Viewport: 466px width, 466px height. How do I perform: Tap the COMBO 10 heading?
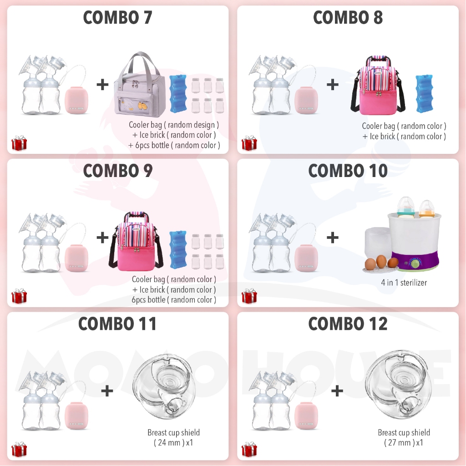pos(348,171)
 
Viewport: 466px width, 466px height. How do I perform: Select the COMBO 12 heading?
pos(348,324)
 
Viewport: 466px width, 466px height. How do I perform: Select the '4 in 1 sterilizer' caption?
pos(404,283)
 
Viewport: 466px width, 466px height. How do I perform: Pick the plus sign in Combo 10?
pos(333,237)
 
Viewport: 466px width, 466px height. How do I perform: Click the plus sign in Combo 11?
pos(106,390)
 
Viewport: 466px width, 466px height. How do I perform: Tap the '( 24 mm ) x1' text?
pos(173,442)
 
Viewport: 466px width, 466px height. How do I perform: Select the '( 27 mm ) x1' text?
pos(404,442)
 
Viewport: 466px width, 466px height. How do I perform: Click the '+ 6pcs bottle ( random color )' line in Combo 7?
pos(174,146)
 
